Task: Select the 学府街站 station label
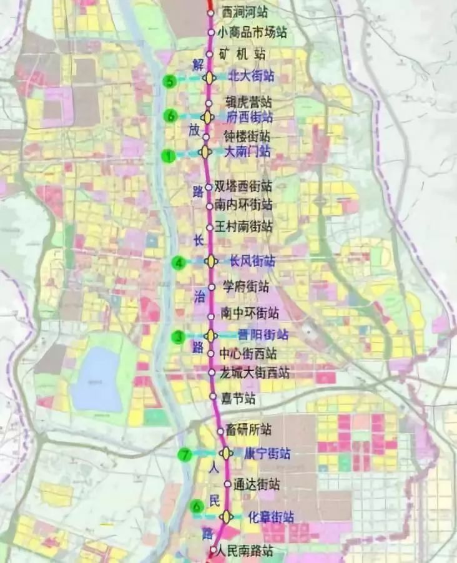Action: (246, 287)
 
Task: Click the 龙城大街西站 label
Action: (255, 373)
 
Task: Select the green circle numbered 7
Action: (184, 455)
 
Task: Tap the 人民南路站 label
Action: (247, 551)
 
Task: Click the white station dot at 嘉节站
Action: (212, 396)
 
